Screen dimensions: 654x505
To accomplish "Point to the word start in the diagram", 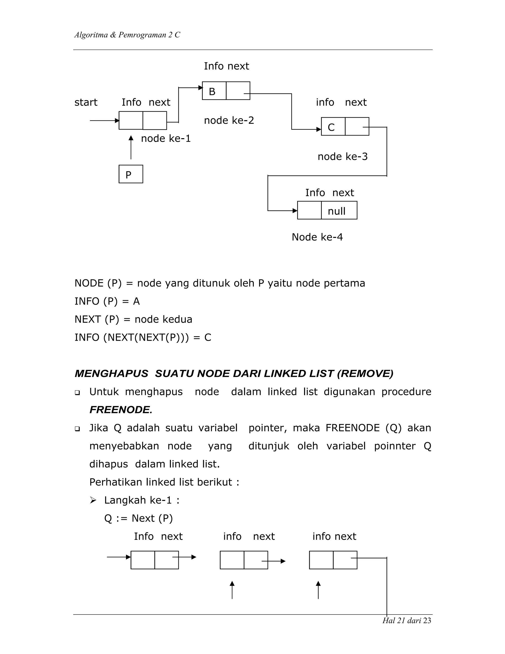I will tap(86, 102).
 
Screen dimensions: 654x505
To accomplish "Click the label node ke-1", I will tap(165, 138).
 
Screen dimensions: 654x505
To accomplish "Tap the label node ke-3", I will tap(343, 156).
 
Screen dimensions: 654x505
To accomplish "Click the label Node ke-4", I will tap(317, 237).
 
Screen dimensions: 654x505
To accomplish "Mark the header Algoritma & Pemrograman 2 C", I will tap(127, 35).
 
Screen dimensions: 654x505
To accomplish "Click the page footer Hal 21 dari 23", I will tap(407, 620).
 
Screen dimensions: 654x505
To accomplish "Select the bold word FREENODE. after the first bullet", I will tap(121, 410).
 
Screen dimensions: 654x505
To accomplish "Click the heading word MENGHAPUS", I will tap(111, 374).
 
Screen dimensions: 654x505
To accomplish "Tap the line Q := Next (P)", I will tap(138, 518).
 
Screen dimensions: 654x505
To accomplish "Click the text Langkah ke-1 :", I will tap(142, 500).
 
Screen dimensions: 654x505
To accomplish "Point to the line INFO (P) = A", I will tap(107, 301).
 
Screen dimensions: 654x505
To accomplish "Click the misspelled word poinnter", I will tap(395, 446).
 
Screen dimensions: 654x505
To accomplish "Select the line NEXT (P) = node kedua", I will tap(133, 319).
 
